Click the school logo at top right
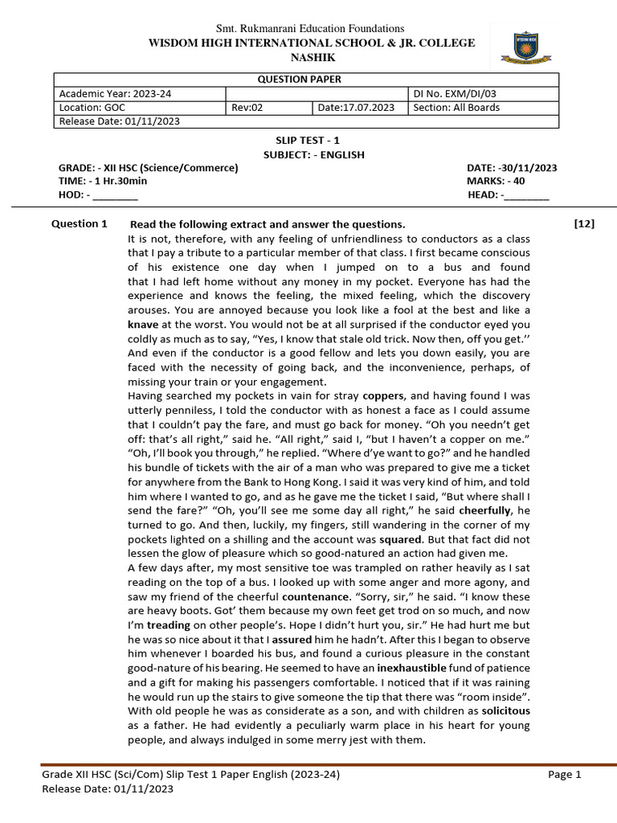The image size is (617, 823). [526, 46]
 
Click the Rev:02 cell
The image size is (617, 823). [245, 108]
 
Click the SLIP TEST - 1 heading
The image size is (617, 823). [308, 141]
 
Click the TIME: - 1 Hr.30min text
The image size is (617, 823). [103, 181]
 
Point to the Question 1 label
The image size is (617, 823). [79, 223]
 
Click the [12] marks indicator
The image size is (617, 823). [584, 223]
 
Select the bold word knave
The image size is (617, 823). [144, 325]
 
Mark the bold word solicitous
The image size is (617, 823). [505, 711]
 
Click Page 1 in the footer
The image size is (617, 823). [564, 775]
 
